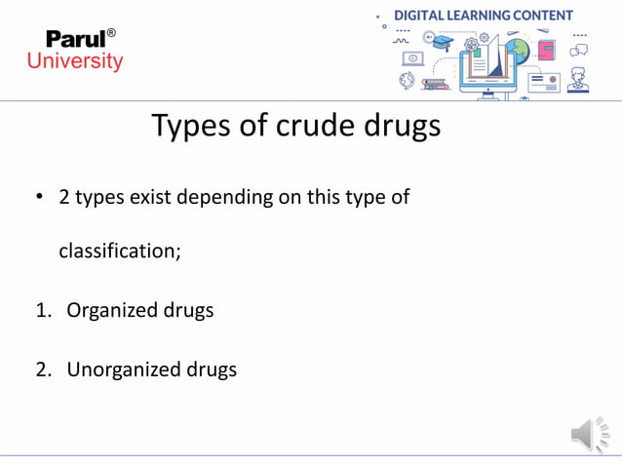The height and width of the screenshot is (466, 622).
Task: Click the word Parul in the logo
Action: coord(75,41)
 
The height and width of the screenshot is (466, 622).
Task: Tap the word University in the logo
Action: coord(75,61)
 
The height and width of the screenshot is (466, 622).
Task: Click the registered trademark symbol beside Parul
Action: coord(111,33)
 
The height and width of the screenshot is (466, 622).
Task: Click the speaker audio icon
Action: coord(589,434)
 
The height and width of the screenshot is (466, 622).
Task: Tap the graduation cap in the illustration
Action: coord(444,42)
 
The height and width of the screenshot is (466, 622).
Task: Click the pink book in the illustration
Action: coord(546,49)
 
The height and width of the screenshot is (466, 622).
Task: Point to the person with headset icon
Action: coord(578,80)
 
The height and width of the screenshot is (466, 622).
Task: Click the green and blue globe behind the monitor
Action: coord(517,49)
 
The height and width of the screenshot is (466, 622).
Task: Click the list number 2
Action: coord(44,369)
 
